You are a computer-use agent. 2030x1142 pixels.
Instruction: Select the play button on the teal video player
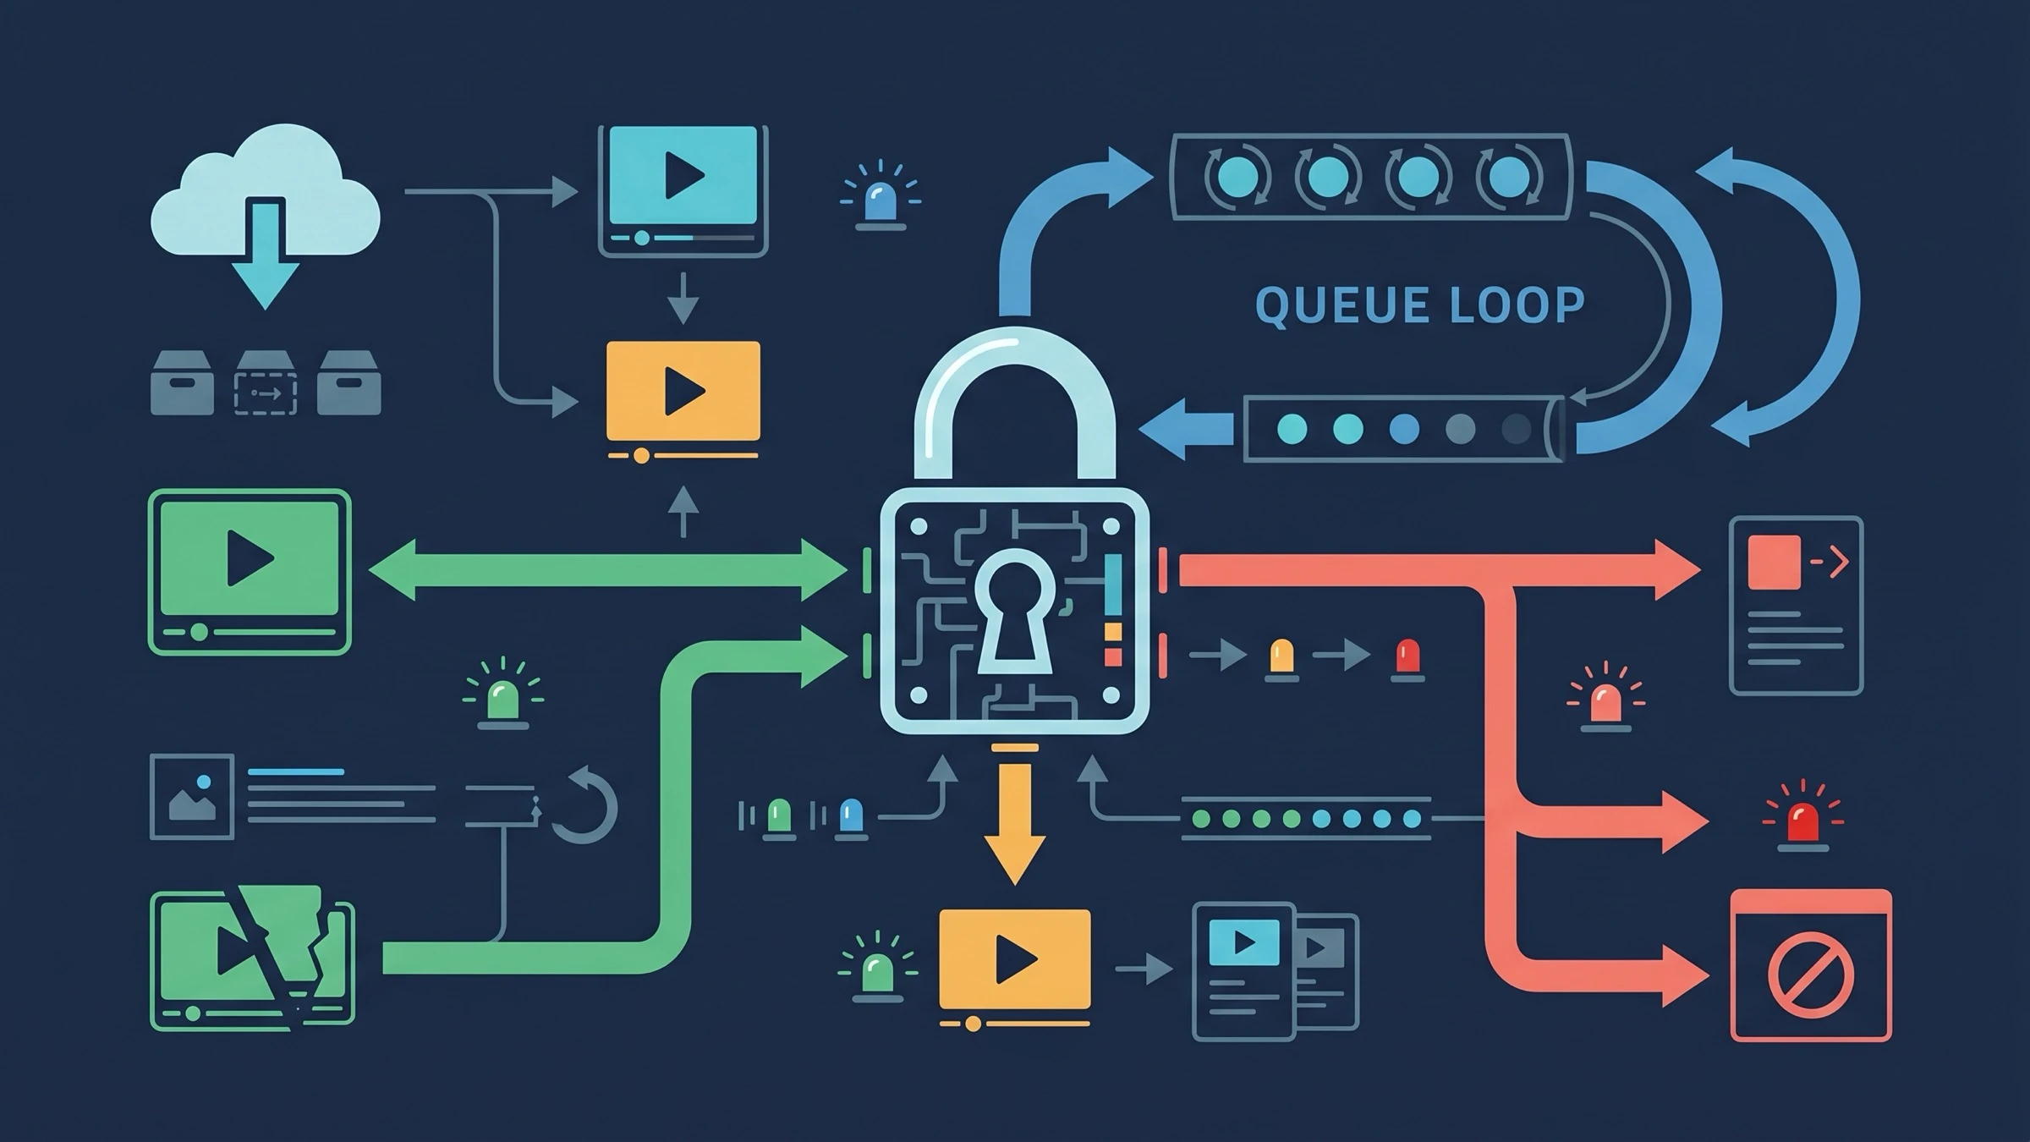pos(683,175)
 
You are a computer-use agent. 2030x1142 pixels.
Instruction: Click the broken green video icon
pos(253,958)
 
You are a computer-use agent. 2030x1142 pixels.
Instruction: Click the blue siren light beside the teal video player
pos(881,196)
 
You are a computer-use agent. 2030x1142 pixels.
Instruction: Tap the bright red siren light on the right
pos(1803,815)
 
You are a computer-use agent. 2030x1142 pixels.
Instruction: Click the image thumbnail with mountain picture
pos(192,796)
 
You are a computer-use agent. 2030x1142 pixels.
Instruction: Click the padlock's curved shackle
pos(1014,406)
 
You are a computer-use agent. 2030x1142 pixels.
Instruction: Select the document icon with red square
pos(1797,606)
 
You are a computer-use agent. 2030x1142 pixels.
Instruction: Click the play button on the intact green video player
pos(250,558)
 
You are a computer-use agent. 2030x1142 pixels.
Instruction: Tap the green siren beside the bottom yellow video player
pos(877,966)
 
